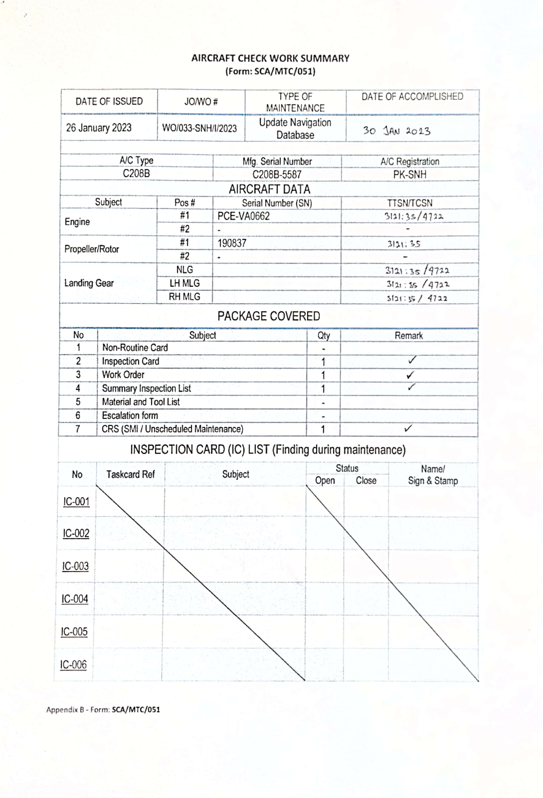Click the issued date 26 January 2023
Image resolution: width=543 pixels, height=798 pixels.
click(99, 128)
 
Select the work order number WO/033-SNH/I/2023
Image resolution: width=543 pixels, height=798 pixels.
click(199, 128)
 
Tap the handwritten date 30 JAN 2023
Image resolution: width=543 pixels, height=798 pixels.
click(396, 131)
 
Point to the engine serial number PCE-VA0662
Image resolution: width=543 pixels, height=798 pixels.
click(243, 216)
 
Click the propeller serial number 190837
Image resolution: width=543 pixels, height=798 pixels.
click(232, 243)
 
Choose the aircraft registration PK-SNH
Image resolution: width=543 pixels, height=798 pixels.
click(410, 174)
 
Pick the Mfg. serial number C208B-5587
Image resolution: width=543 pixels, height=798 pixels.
click(277, 174)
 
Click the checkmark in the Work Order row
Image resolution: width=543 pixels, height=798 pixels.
click(410, 375)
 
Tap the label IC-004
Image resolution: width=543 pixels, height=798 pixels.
click(75, 599)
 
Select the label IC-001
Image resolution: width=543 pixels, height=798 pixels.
click(76, 502)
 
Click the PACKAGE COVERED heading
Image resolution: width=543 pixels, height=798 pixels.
click(268, 316)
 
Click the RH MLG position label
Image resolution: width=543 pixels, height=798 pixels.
click(184, 297)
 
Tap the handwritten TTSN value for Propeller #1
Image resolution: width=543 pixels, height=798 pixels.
click(404, 244)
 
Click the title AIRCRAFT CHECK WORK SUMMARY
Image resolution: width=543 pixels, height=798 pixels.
click(270, 58)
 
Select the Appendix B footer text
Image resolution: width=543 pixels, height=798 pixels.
click(103, 710)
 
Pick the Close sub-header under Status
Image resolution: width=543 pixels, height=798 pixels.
click(366, 480)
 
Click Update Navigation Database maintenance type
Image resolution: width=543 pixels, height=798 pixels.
click(295, 128)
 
